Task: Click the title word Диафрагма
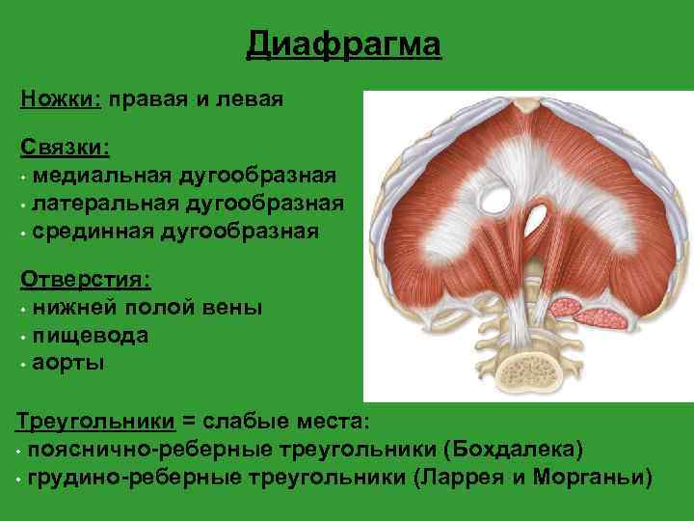coord(344,44)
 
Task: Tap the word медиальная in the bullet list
coord(101,177)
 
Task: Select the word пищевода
coord(89,336)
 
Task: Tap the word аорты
coord(68,364)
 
